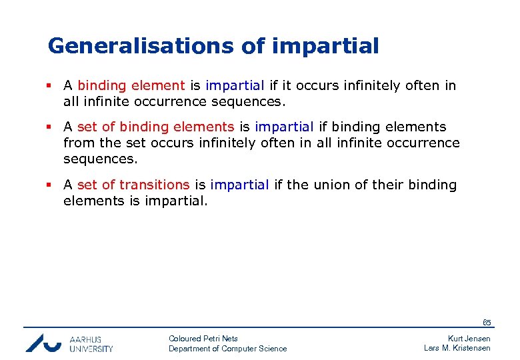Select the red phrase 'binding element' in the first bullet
(131, 85)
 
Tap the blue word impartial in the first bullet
(235, 85)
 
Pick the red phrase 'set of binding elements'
(155, 127)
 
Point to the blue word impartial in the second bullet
(284, 127)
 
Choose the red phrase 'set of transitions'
(133, 185)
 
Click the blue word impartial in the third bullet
(239, 185)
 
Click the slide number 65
(487, 323)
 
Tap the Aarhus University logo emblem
(43, 342)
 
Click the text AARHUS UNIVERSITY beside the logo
(91, 343)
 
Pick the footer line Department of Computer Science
(227, 349)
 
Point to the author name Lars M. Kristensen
(457, 349)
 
